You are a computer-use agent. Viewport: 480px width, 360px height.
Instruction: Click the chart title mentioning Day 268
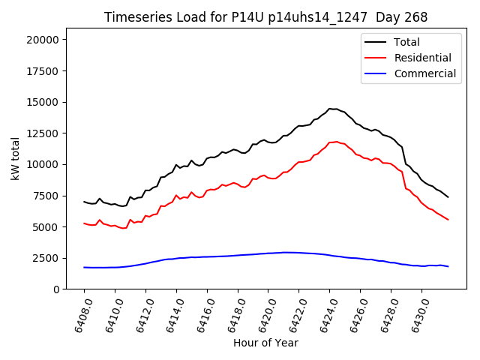pyautogui.click(x=265, y=17)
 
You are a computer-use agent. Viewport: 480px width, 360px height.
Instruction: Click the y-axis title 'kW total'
pyautogui.click(x=16, y=158)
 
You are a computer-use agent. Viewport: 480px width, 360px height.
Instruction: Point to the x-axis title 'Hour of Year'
pyautogui.click(x=265, y=343)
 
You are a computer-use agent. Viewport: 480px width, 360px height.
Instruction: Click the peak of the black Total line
pyautogui.click(x=330, y=109)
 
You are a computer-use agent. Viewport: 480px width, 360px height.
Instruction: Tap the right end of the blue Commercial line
pyautogui.click(x=448, y=266)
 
